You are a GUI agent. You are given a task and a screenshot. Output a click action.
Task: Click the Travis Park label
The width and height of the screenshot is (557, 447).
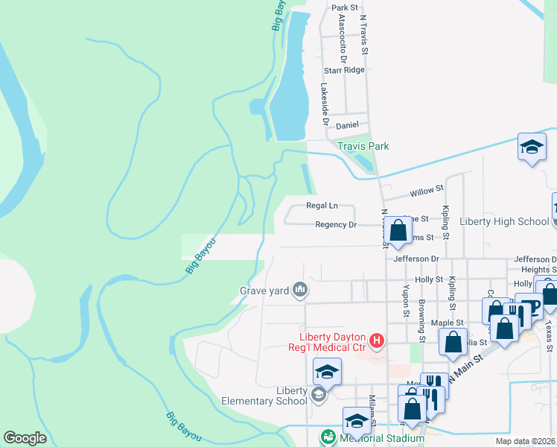pos(363,147)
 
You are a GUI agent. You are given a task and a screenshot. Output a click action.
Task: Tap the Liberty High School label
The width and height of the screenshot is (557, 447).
pos(504,221)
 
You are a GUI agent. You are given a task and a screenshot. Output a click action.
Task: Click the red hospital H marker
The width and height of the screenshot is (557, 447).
pos(377,341)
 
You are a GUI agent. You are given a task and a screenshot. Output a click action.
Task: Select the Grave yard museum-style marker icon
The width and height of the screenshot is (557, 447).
pos(300,289)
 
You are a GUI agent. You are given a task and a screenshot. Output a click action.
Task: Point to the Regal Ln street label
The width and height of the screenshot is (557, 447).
pos(322,206)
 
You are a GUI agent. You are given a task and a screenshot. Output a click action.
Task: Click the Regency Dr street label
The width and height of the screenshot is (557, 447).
pos(336,224)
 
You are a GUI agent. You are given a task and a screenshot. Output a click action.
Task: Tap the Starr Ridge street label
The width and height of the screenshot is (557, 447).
pos(344,70)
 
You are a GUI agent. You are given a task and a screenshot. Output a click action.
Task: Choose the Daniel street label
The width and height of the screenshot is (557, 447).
pos(348,125)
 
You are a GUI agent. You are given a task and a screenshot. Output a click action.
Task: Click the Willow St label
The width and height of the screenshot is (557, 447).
pos(427,191)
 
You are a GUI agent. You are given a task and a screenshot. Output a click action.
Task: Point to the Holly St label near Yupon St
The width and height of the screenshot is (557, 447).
pos(429,279)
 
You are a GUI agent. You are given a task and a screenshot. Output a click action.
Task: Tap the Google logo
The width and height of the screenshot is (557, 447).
pos(25,438)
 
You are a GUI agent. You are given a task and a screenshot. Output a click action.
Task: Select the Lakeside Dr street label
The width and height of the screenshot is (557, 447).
pos(325,103)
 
